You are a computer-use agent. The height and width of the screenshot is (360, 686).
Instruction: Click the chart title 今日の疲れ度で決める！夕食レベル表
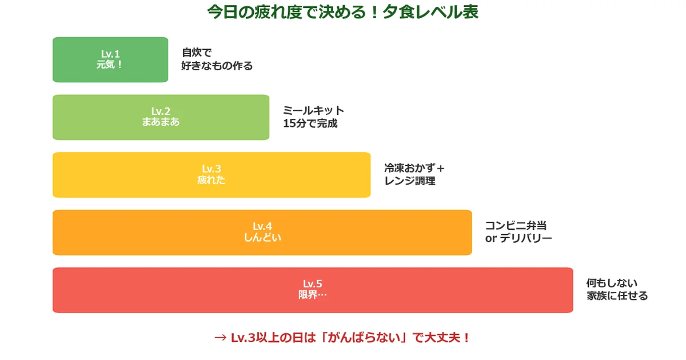342,13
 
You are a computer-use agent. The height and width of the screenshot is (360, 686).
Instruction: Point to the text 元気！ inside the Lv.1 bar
110,65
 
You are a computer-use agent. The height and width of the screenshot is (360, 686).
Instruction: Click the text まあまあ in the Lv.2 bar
161,122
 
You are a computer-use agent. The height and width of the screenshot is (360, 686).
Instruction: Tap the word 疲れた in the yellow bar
211,180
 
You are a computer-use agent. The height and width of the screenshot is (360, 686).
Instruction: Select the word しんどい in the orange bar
262,238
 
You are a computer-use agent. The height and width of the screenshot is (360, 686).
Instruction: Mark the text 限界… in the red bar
312,295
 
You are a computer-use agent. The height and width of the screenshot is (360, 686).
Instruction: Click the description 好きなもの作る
217,66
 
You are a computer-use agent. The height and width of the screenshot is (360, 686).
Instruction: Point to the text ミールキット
314,110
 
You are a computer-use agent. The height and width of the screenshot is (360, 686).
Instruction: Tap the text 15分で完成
310,123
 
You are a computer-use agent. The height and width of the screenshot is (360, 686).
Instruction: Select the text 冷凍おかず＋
414,168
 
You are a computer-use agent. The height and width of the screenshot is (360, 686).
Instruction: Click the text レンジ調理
410,181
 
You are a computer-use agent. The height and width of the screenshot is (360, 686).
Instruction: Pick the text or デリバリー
519,239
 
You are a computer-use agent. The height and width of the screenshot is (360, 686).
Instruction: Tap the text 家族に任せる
617,296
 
